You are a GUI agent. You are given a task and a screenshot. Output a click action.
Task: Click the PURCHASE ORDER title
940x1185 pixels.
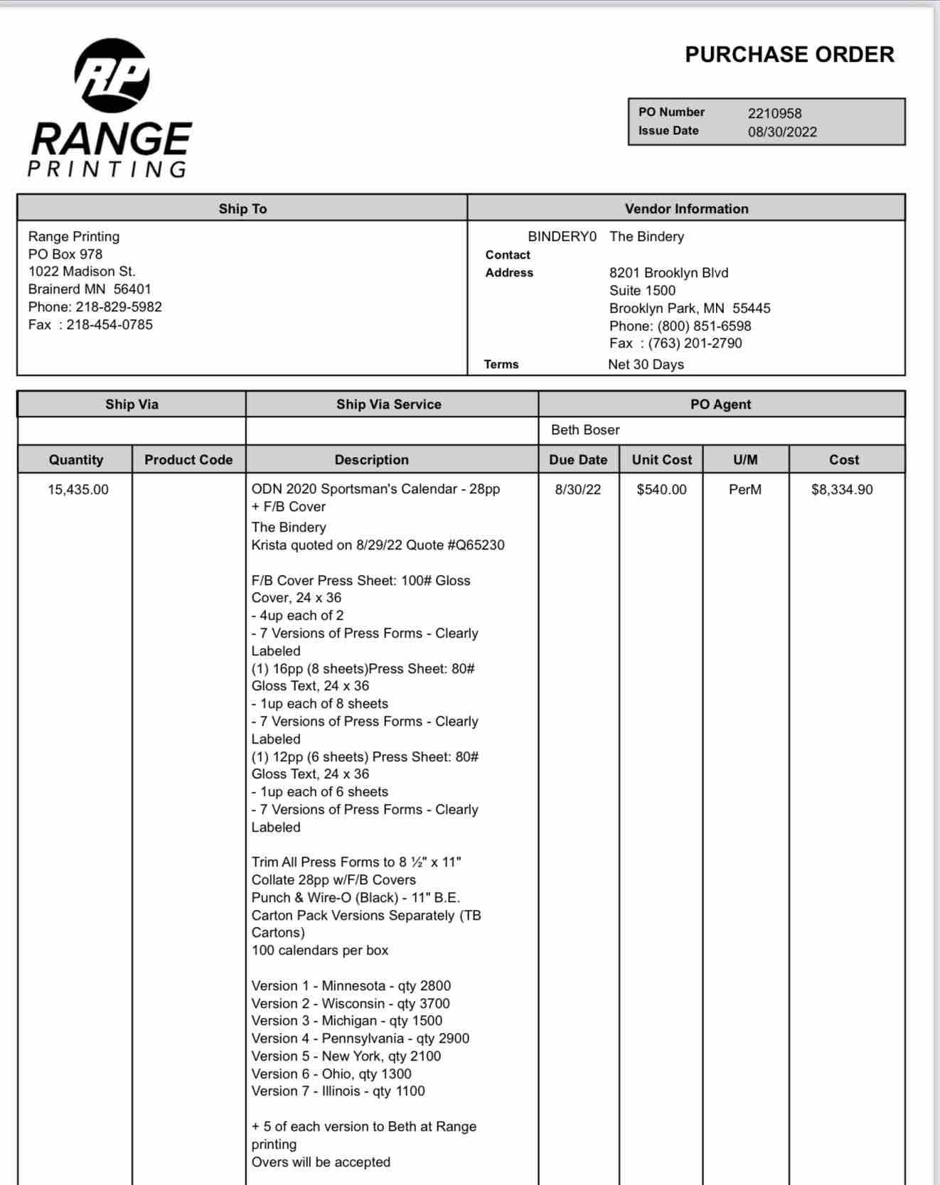(x=789, y=55)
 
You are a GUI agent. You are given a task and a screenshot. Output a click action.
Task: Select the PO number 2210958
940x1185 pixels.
(x=774, y=114)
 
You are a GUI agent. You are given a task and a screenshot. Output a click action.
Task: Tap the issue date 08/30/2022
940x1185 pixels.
(x=782, y=132)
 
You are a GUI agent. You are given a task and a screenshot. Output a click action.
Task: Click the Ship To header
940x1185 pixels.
(x=242, y=209)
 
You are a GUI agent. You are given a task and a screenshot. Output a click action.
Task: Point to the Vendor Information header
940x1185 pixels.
(x=686, y=209)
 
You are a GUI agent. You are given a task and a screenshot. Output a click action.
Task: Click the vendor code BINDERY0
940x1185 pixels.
(x=562, y=237)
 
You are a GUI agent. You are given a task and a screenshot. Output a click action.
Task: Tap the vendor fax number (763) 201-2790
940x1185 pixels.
(x=695, y=343)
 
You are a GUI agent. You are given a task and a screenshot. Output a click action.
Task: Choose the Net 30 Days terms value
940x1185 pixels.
(x=646, y=365)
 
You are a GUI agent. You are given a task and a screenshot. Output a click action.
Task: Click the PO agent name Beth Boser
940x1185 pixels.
(x=585, y=430)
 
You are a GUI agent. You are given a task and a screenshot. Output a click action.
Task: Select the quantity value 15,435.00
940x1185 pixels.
(x=78, y=490)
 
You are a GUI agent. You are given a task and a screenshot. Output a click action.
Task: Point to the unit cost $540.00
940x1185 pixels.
(x=661, y=490)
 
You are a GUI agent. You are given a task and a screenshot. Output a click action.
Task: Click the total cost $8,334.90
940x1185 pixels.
(x=842, y=490)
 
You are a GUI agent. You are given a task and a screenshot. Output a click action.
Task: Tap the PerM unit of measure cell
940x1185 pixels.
(x=745, y=490)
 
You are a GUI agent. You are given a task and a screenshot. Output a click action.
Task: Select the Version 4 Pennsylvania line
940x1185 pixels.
(x=360, y=1039)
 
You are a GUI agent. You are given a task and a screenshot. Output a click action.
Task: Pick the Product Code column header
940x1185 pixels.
(x=188, y=460)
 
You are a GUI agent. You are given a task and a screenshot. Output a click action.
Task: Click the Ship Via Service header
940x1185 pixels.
(x=389, y=404)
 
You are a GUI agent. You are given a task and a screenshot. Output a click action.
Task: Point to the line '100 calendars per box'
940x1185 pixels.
(x=320, y=950)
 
